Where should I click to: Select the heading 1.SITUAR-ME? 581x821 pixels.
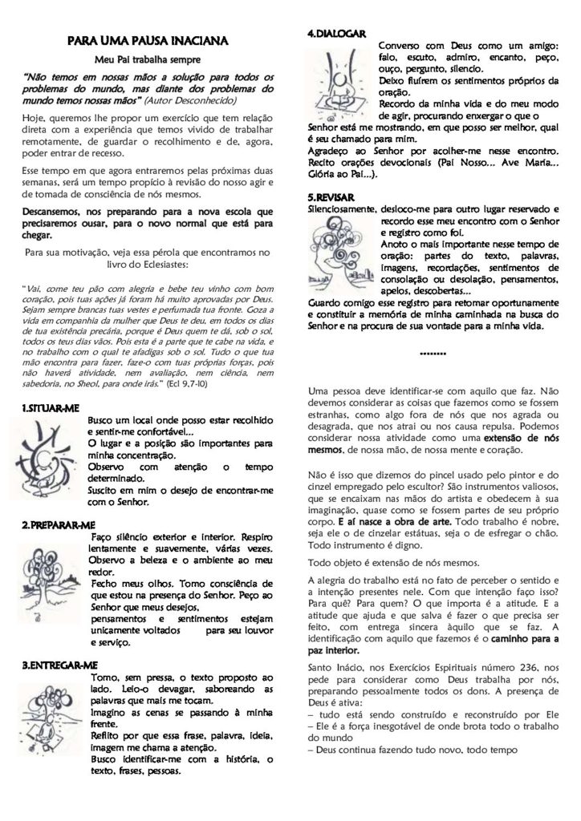pyautogui.click(x=51, y=407)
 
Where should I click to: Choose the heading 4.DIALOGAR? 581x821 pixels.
pyautogui.click(x=338, y=34)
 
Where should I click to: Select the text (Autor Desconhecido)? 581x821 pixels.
pyautogui.click(x=192, y=103)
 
